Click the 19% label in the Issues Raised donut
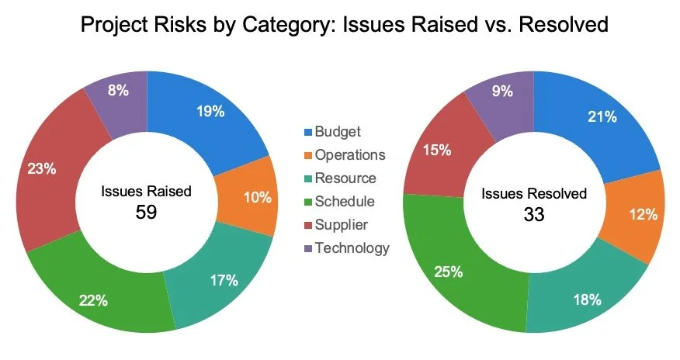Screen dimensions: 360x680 point(210,111)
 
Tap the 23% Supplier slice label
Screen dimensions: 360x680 point(40,168)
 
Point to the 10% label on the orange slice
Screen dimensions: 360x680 point(256,197)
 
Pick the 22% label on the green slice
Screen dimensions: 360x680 point(93,299)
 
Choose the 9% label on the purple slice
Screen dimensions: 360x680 point(502,92)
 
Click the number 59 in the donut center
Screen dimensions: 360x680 point(146,212)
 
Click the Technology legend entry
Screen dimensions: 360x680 point(352,248)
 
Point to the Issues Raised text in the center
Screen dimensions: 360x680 point(146,191)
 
